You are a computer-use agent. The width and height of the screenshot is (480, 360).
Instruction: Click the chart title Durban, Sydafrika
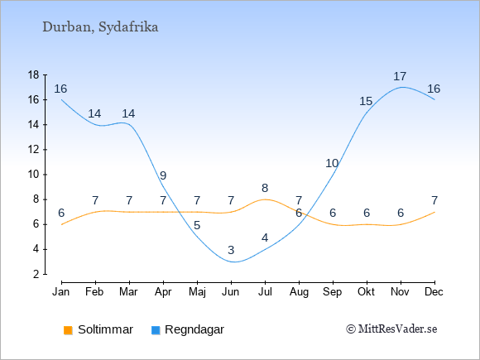click(100, 27)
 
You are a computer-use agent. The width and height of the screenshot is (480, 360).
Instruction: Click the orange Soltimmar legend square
click(68, 330)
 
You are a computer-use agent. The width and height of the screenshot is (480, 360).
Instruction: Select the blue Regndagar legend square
click(156, 330)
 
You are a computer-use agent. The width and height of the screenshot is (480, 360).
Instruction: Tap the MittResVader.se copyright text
click(391, 329)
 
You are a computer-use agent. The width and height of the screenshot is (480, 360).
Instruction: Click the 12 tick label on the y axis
click(34, 150)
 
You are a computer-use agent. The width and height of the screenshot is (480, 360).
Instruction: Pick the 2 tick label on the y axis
click(36, 274)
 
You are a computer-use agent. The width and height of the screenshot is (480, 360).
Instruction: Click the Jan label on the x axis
click(61, 292)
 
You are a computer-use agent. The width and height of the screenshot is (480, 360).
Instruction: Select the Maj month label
click(197, 292)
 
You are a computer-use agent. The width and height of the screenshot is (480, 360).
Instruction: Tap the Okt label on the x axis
click(366, 292)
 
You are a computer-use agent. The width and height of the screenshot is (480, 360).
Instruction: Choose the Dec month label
click(434, 292)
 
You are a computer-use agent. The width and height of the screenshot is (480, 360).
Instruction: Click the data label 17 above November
click(400, 76)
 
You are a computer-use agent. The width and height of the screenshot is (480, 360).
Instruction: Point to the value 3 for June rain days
click(231, 250)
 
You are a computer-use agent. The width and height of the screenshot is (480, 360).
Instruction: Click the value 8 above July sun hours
click(265, 188)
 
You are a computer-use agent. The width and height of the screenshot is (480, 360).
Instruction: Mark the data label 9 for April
click(163, 175)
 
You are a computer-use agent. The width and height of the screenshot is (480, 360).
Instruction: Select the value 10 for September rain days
click(332, 164)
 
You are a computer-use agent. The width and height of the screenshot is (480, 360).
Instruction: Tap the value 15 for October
click(366, 101)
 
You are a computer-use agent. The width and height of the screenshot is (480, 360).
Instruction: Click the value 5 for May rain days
click(197, 225)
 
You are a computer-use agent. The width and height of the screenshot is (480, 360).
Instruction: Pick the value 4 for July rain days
click(265, 238)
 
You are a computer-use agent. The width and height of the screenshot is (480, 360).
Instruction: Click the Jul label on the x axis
click(265, 292)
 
